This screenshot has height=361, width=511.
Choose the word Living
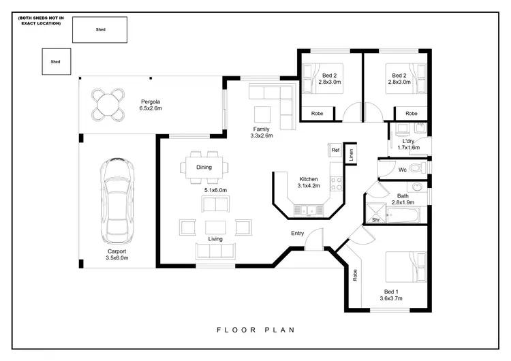215,239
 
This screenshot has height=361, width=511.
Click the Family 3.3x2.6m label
261,132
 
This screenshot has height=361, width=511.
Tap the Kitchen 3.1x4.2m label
308,182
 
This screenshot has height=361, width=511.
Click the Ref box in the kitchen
335,150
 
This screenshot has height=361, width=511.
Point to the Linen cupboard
350,154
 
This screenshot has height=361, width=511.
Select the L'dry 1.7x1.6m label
409,144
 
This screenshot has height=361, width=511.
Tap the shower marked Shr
375,213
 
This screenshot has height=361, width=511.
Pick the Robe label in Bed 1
355,275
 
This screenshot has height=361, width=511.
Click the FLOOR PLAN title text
255,330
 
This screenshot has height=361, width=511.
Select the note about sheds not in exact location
40,20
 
